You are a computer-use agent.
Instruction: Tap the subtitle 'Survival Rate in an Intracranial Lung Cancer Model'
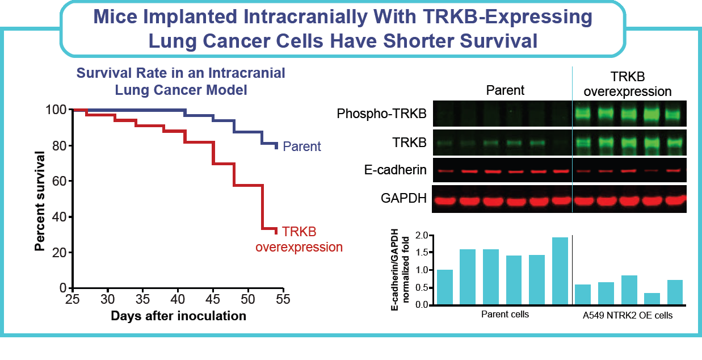[181, 81]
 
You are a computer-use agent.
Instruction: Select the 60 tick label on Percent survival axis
[58, 181]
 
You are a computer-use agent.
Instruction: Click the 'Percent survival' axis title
[40, 200]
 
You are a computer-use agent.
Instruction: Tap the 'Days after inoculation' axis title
[178, 316]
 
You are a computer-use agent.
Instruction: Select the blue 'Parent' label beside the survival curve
[302, 146]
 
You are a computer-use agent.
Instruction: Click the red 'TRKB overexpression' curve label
[299, 240]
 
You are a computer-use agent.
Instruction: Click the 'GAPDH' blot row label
[404, 199]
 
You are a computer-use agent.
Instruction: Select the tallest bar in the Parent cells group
[560, 271]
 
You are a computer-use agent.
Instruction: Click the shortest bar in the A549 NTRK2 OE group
[652, 299]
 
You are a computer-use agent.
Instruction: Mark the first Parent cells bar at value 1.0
[445, 287]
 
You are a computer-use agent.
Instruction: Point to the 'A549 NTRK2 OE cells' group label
[628, 316]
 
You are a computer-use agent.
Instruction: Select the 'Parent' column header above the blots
[505, 90]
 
